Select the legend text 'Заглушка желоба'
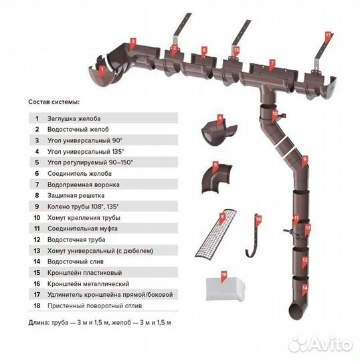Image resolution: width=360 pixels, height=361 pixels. tap(74, 118)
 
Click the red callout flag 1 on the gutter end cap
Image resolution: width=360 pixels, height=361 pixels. tap(101, 67)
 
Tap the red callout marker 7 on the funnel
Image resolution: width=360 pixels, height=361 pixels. tap(272, 64)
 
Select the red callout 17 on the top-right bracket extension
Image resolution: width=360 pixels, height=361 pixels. tap(328, 33)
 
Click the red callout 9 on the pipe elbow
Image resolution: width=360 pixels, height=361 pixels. tap(304, 159)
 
